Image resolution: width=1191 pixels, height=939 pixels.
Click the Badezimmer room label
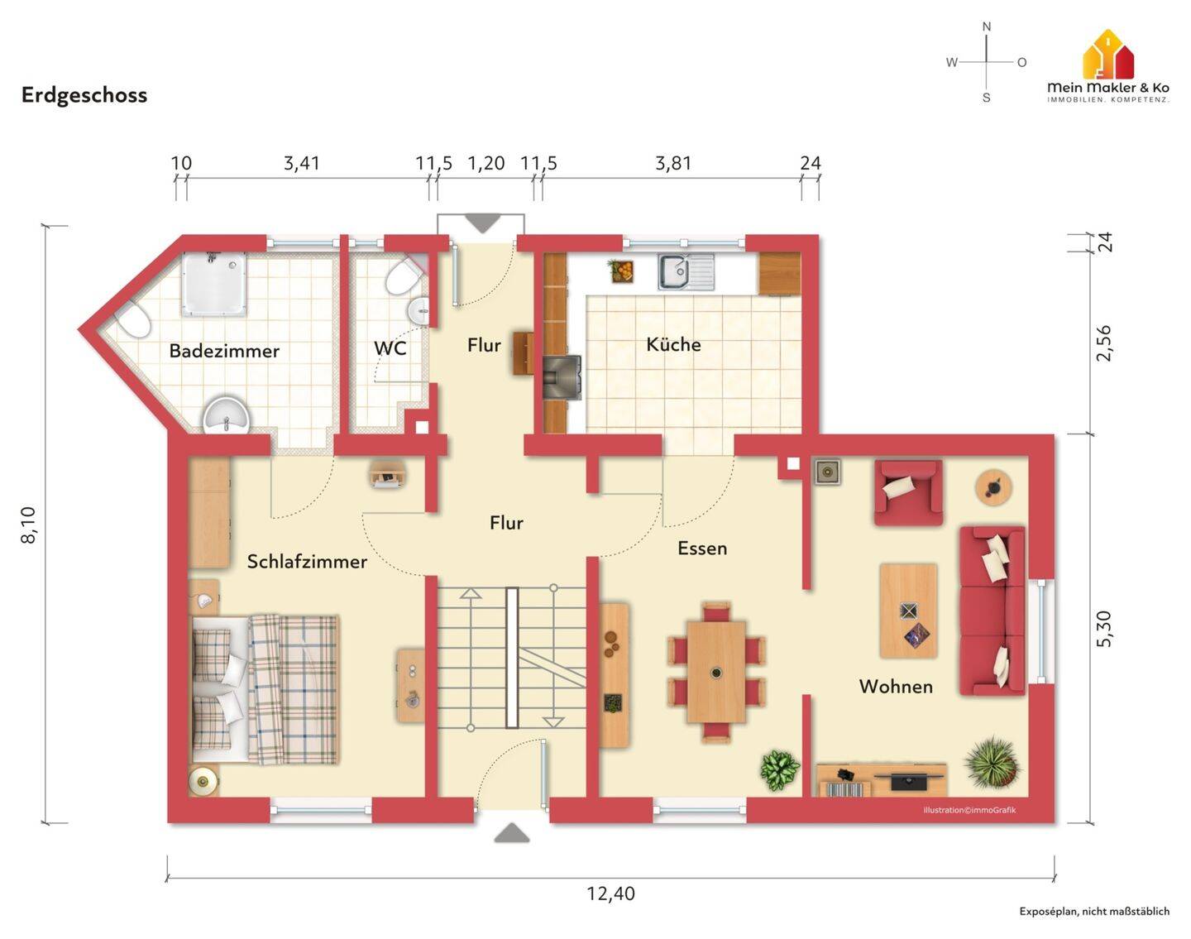[x=224, y=351]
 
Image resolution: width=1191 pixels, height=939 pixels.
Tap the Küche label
[x=673, y=344]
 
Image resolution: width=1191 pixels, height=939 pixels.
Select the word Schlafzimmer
[x=307, y=562]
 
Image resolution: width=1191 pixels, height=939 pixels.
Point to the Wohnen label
[x=896, y=687]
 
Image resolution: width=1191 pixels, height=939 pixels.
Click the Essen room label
[x=702, y=549]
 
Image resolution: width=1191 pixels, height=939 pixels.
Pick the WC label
[x=390, y=348]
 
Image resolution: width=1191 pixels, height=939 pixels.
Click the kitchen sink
[x=686, y=272]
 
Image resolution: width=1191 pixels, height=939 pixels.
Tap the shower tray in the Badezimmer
[x=215, y=285]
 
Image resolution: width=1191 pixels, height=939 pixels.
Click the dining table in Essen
[x=716, y=672]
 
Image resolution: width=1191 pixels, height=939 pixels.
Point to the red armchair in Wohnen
[x=908, y=492]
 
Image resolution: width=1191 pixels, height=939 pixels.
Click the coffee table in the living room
[x=908, y=610]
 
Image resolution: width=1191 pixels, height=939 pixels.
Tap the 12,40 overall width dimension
[x=610, y=893]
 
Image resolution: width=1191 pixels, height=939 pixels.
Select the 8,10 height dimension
[x=29, y=525]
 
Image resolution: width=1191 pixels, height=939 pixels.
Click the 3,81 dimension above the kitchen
[x=673, y=163]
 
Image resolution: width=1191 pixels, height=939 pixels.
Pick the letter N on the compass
[x=987, y=26]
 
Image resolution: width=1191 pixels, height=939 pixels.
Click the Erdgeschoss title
[x=84, y=95]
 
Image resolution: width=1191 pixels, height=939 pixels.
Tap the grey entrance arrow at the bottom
[x=512, y=833]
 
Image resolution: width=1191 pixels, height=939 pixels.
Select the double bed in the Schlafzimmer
[x=265, y=690]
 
